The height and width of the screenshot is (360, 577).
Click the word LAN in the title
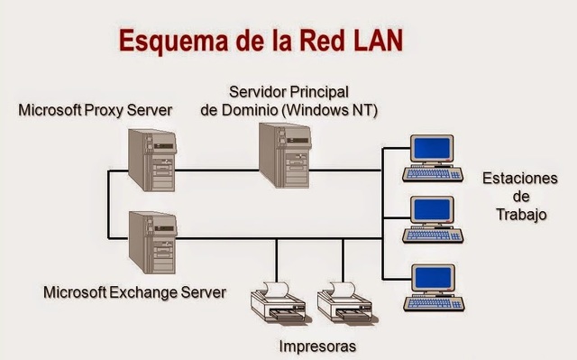pyautogui.click(x=371, y=41)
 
